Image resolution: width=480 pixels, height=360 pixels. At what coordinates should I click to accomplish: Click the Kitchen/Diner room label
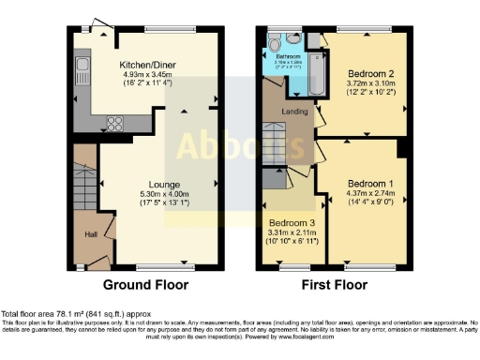[x=148, y=65]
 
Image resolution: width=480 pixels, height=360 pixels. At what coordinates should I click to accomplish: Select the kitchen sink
[x=82, y=67]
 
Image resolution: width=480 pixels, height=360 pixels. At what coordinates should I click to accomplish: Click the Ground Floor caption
[x=145, y=285]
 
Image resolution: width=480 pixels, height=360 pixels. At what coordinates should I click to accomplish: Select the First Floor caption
[x=334, y=285]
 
